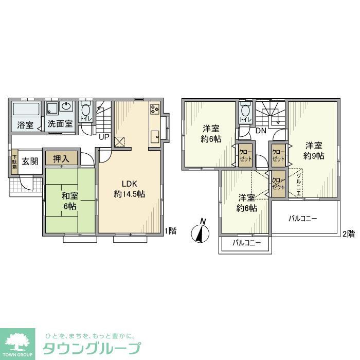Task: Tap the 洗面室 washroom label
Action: (x=60, y=124)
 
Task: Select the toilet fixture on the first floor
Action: (x=86, y=110)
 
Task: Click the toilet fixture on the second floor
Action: (x=245, y=110)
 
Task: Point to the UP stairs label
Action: (x=103, y=137)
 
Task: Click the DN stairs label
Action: (x=261, y=131)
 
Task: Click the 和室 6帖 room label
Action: (x=70, y=201)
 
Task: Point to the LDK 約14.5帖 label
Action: (x=129, y=189)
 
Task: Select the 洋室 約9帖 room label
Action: (x=314, y=150)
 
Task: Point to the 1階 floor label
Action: (x=170, y=231)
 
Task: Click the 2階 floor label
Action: (x=348, y=233)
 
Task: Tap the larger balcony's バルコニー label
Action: (x=303, y=219)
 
